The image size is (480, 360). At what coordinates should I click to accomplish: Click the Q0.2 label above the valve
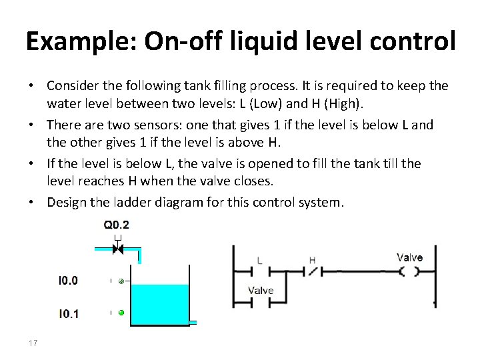pos(117,225)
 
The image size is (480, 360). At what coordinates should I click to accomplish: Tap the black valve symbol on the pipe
pos(117,249)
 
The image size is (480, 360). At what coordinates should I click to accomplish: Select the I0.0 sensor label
pos(68,281)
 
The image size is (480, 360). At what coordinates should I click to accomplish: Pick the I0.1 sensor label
pos(68,313)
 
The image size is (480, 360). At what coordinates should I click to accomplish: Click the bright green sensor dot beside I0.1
pos(121,313)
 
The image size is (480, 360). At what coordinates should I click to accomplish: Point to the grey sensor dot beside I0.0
pos(121,281)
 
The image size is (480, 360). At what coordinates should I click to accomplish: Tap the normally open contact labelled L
pos(259,271)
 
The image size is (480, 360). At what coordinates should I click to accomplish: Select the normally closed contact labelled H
pos(312,271)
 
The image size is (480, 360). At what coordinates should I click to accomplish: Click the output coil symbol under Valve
pos(409,271)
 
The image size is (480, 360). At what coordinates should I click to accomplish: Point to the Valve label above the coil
pos(409,257)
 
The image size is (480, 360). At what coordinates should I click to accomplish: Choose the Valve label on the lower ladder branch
pos(261,290)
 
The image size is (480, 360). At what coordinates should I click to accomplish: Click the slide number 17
pos(33,343)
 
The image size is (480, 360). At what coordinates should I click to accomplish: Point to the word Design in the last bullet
pos(67,201)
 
